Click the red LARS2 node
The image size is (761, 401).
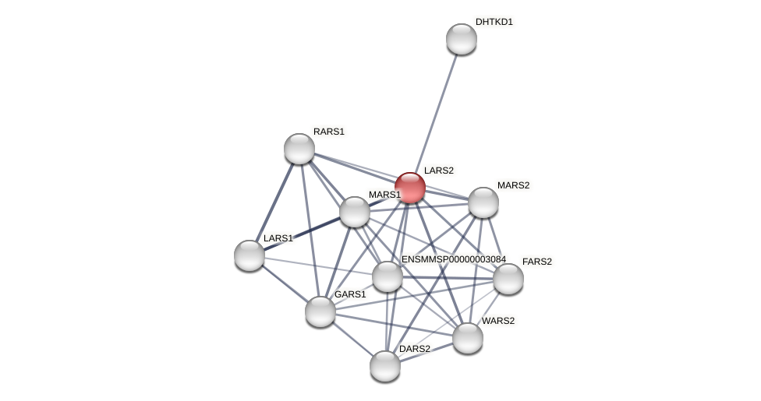tap(409, 188)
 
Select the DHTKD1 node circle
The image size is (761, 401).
tap(461, 39)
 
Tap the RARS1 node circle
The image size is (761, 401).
tap(299, 149)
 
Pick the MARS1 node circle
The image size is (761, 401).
tap(354, 212)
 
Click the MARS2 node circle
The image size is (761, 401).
tap(483, 202)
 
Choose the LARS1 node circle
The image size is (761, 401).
tap(250, 255)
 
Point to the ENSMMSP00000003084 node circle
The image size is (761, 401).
tap(387, 276)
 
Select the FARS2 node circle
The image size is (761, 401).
tap(508, 279)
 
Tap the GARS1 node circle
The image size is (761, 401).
tap(320, 311)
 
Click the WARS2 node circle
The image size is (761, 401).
tap(467, 338)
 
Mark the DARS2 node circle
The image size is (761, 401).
tap(384, 366)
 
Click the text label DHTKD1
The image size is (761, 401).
tap(494, 22)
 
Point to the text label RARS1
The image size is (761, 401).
tap(328, 132)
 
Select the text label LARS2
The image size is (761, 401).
tap(438, 171)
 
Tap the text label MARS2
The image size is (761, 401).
tap(513, 185)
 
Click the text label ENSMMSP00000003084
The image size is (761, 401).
tap(453, 259)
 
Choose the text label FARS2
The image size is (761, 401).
tap(536, 262)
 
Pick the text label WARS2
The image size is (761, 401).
tap(497, 321)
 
